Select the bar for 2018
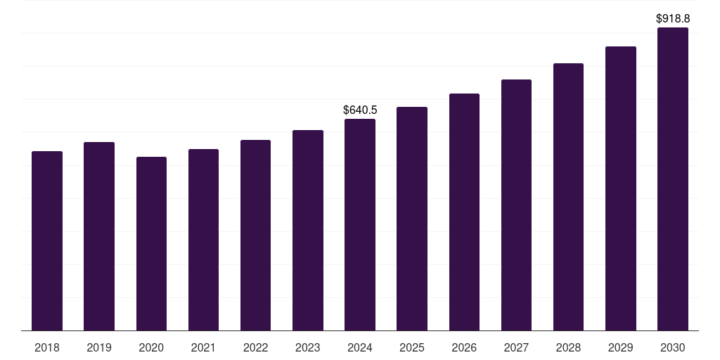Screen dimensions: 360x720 click(47, 240)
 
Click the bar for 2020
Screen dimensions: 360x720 click(151, 243)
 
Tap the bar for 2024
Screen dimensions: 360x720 click(360, 224)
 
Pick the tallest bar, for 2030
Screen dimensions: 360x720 click(673, 179)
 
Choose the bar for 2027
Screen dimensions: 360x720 click(516, 205)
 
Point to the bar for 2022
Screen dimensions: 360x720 click(255, 235)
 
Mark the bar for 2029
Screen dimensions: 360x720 click(621, 188)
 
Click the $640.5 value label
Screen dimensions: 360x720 click(360, 110)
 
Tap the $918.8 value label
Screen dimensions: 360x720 click(673, 19)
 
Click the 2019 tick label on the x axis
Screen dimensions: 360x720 click(99, 347)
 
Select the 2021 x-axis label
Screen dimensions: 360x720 click(203, 347)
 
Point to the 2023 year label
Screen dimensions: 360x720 click(308, 347)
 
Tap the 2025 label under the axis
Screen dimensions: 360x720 click(412, 347)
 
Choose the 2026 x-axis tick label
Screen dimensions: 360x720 click(464, 347)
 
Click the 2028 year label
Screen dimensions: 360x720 click(568, 347)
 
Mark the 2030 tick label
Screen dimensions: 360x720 click(673, 347)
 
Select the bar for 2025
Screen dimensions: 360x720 click(412, 219)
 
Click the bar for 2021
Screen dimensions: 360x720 click(203, 240)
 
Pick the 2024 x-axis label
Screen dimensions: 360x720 click(360, 347)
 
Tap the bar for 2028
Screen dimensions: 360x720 click(568, 197)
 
